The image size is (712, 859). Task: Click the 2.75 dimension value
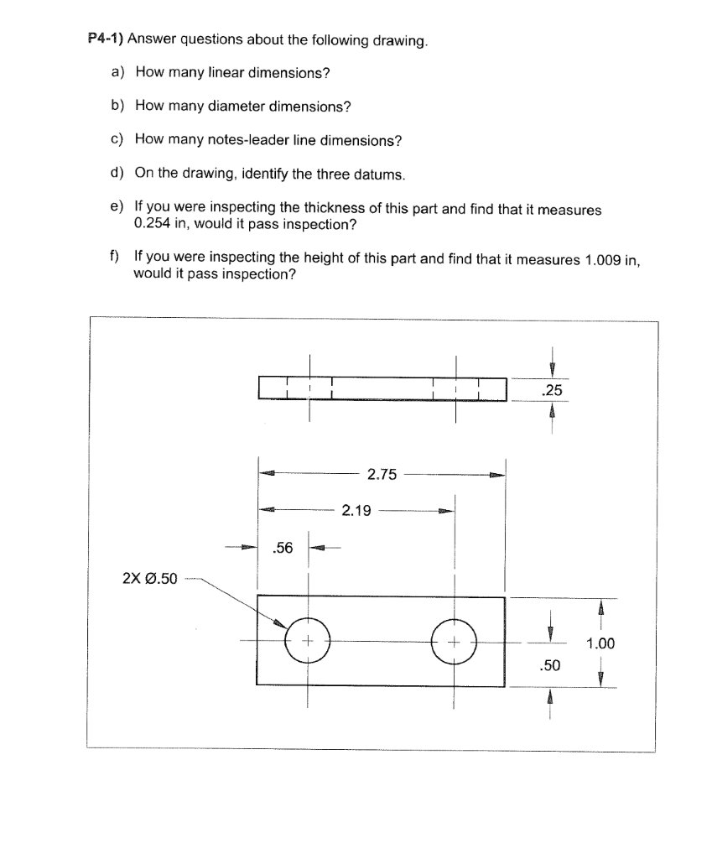382,475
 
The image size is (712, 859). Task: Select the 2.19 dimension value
356,509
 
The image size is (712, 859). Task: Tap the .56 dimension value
283,549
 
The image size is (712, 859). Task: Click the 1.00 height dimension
600,643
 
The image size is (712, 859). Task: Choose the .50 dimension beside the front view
550,665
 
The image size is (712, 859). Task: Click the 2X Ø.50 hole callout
150,578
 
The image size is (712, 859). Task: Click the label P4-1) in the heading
107,39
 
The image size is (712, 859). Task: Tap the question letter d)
117,174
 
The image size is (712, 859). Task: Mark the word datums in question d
382,174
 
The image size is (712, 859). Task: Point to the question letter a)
117,73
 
